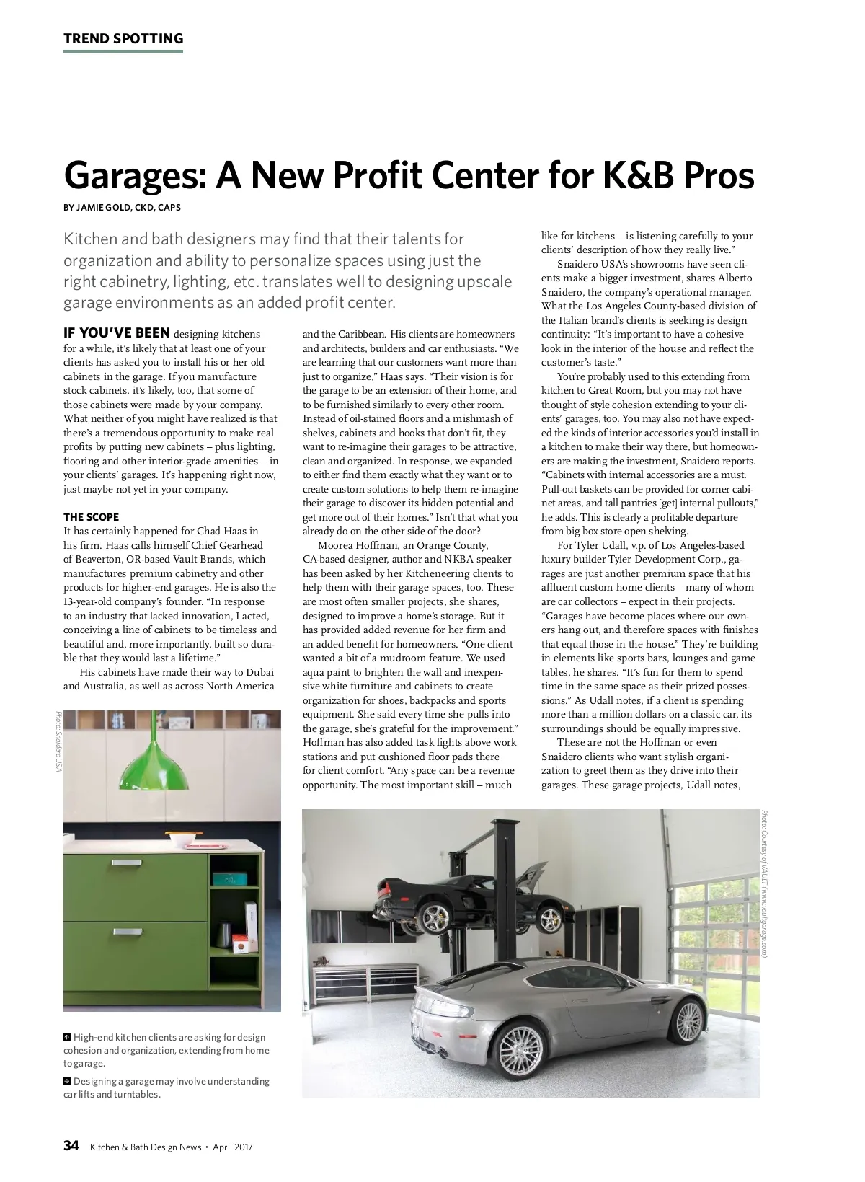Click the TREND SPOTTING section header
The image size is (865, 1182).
coord(123,39)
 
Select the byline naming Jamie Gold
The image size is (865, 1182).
coord(122,208)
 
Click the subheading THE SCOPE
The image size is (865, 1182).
coord(91,517)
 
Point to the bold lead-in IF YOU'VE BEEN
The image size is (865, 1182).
coord(117,334)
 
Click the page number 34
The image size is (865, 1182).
coord(71,1146)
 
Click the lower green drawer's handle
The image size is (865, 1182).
coord(129,932)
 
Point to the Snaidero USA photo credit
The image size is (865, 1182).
coord(58,741)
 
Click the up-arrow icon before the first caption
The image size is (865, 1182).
coord(67,1038)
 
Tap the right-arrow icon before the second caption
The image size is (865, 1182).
coord(67,1082)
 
